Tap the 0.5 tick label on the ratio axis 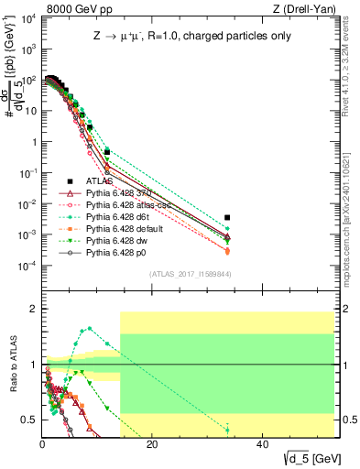pos(30,420)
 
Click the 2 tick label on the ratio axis pos(34,309)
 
